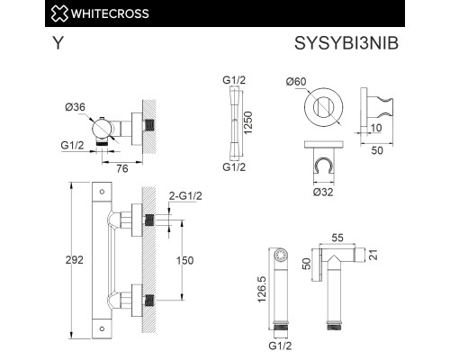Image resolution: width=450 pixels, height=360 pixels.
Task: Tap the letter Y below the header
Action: (x=58, y=41)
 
